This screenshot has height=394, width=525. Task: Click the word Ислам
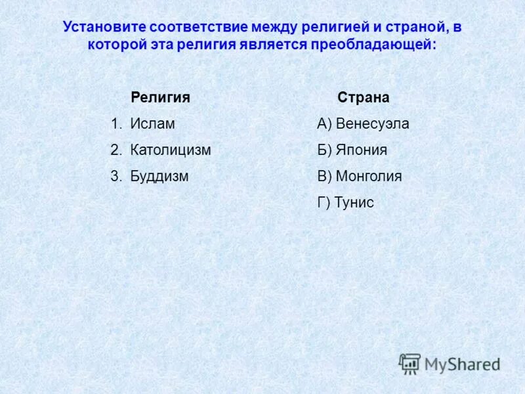click(152, 123)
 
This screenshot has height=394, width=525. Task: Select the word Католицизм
click(171, 150)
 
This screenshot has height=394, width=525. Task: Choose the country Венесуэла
click(372, 123)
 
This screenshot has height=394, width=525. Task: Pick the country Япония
click(362, 150)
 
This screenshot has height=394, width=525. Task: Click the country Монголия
click(369, 176)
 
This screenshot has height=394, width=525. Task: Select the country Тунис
click(354, 202)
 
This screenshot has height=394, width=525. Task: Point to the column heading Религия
click(160, 97)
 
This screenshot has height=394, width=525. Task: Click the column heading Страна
click(364, 97)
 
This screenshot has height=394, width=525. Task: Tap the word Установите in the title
click(104, 28)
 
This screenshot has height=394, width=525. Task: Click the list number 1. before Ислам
click(116, 123)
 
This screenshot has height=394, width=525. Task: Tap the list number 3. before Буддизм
click(116, 176)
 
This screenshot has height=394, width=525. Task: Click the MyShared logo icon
click(409, 364)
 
